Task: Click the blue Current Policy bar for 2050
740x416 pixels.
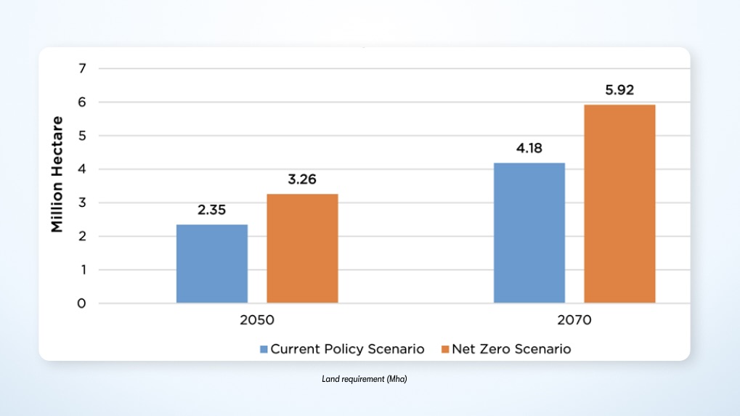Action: coord(212,264)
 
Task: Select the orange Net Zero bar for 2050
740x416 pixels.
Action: coord(302,248)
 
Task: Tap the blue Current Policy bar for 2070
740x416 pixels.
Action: coord(529,233)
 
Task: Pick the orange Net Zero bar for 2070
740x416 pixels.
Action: coord(619,204)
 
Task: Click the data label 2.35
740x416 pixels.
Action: coord(212,211)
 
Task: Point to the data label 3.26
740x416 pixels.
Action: coord(302,181)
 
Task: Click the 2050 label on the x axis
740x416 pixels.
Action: coord(257,319)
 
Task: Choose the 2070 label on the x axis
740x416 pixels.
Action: coord(574,319)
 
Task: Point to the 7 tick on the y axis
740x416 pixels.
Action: coord(82,69)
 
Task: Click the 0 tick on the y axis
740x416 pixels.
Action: coord(82,303)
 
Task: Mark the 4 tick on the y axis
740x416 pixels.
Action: coord(82,169)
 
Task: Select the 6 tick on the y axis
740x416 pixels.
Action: coord(82,102)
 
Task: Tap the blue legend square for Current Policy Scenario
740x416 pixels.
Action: coord(264,349)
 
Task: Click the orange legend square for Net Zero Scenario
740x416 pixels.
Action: coord(445,349)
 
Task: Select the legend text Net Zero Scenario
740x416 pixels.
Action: coord(511,349)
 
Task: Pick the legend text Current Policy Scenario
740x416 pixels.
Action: coord(347,349)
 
